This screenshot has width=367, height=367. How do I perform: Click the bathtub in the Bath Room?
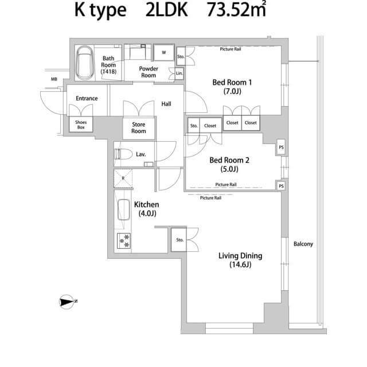85,63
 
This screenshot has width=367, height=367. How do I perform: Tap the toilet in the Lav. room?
123,154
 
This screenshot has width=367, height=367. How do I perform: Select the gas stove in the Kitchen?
124,241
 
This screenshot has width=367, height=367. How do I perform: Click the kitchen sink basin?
124,209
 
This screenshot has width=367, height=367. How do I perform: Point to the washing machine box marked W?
164,53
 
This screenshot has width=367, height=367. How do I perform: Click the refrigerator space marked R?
123,178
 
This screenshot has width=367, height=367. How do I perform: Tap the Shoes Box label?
81,125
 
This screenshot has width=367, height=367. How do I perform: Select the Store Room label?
139,128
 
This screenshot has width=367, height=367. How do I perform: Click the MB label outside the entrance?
54,79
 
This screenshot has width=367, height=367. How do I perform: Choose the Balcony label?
303,244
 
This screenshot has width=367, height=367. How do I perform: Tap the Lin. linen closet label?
179,73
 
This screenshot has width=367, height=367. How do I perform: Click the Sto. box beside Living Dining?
179,240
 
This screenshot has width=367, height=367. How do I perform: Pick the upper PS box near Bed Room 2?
282,147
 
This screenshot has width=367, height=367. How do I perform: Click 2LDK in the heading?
167,10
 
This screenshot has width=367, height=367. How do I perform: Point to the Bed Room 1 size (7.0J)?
232,91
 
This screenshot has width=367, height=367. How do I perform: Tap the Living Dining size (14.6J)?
240,265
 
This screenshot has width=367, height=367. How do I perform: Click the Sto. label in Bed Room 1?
181,57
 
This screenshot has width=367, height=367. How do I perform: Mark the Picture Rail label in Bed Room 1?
231,49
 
